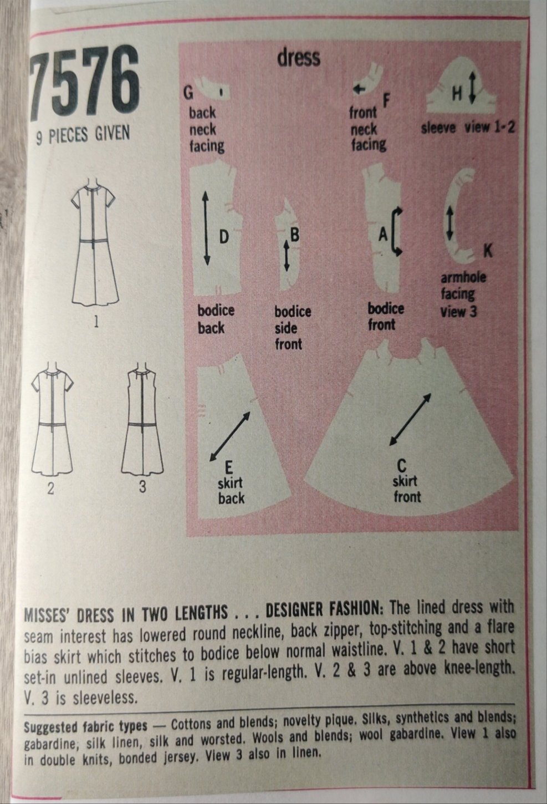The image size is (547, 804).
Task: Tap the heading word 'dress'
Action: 299,58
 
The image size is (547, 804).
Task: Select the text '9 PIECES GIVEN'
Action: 83,135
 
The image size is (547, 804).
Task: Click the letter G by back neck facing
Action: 188,94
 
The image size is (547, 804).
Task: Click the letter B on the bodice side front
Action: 294,235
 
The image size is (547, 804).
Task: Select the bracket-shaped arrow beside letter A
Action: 396,231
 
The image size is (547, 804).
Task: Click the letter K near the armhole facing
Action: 488,251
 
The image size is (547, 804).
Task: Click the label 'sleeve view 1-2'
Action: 468,128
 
